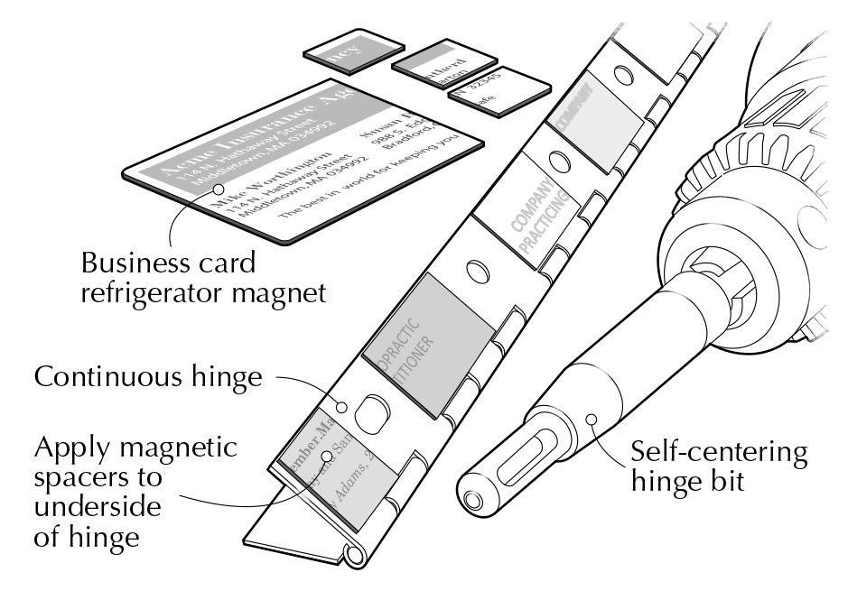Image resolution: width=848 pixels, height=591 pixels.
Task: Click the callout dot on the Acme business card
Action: (x=219, y=189)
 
